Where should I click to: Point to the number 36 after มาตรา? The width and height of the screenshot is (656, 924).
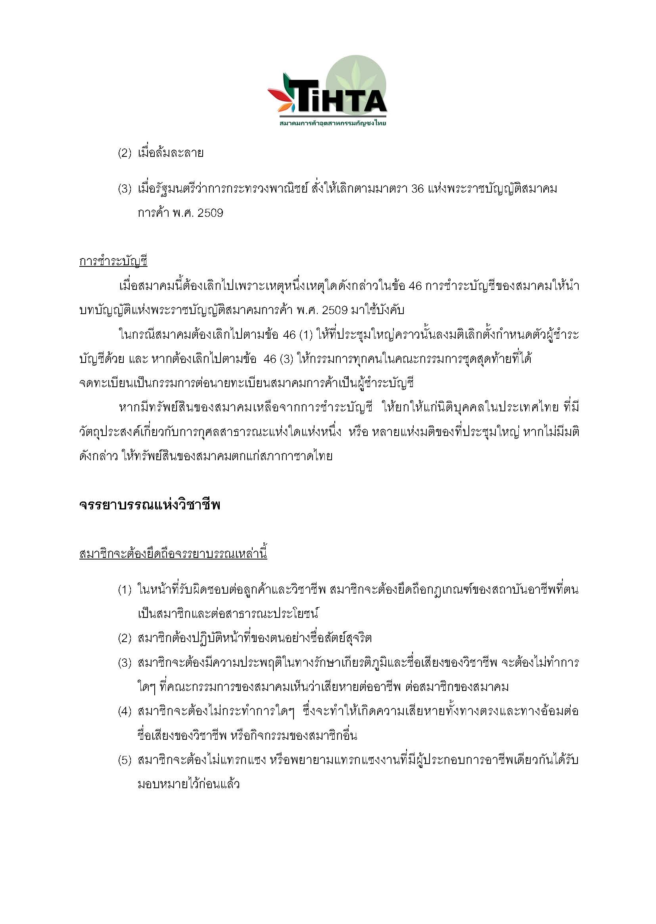point(417,189)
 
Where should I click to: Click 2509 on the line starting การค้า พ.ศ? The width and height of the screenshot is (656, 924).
point(210,213)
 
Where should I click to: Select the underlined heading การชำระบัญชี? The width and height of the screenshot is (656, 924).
point(113,262)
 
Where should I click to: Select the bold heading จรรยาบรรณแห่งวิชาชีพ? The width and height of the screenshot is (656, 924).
point(150,505)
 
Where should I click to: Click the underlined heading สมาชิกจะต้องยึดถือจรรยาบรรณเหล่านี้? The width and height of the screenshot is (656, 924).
point(173,554)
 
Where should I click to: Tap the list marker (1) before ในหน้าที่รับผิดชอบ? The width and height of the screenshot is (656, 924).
point(125,590)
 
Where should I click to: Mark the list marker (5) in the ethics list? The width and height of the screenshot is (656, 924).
point(125,760)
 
